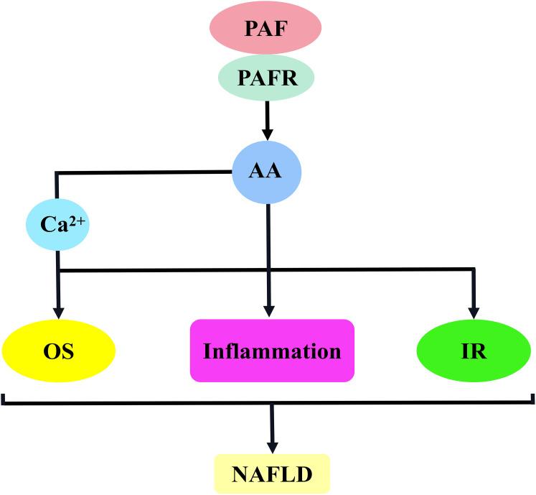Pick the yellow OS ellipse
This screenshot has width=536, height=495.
coord(59,352)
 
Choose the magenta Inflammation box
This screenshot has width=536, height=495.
coord(272,351)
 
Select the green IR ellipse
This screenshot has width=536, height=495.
coord(473,352)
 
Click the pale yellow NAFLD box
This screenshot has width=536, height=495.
coord(272,473)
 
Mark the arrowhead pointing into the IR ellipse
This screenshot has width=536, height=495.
coord(473,311)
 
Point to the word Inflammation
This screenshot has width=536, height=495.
coord(272,352)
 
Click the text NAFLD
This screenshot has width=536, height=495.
coord(272,474)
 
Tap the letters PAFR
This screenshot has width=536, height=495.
coord(268,77)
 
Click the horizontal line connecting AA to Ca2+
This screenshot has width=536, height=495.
coord(144,172)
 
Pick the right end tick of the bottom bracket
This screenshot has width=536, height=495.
coord(532,398)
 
